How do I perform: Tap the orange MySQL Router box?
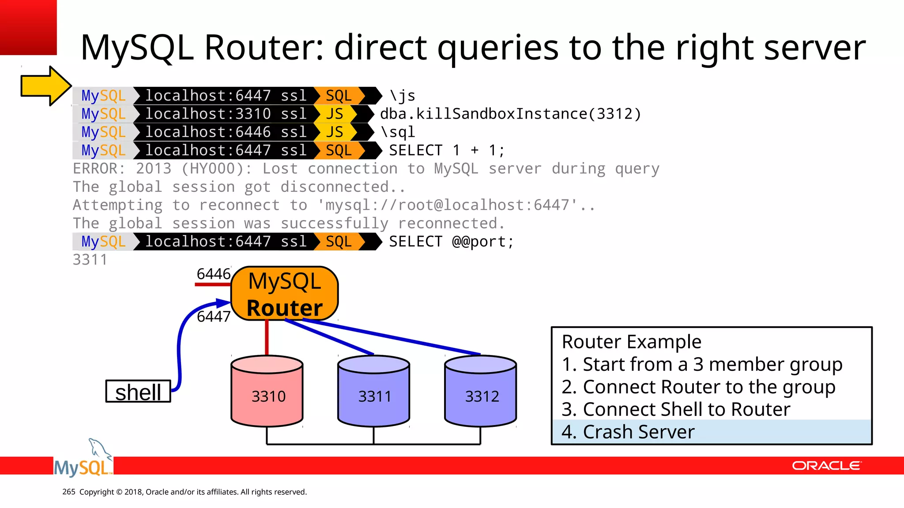tap(285, 294)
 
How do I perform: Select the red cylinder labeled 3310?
tap(267, 391)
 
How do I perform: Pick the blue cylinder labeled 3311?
tap(374, 391)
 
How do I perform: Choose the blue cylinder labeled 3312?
tap(481, 391)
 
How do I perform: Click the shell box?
tap(138, 392)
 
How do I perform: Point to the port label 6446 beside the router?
tap(214, 274)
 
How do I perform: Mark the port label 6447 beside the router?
tap(214, 316)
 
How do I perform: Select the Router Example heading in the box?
tap(631, 342)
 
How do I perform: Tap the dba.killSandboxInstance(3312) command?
tap(510, 114)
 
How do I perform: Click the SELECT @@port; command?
tap(451, 242)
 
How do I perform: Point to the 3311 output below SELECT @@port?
tap(90, 260)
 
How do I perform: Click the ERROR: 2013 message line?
tap(366, 169)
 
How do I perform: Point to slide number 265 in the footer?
tap(69, 492)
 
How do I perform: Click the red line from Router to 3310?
tap(267, 337)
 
